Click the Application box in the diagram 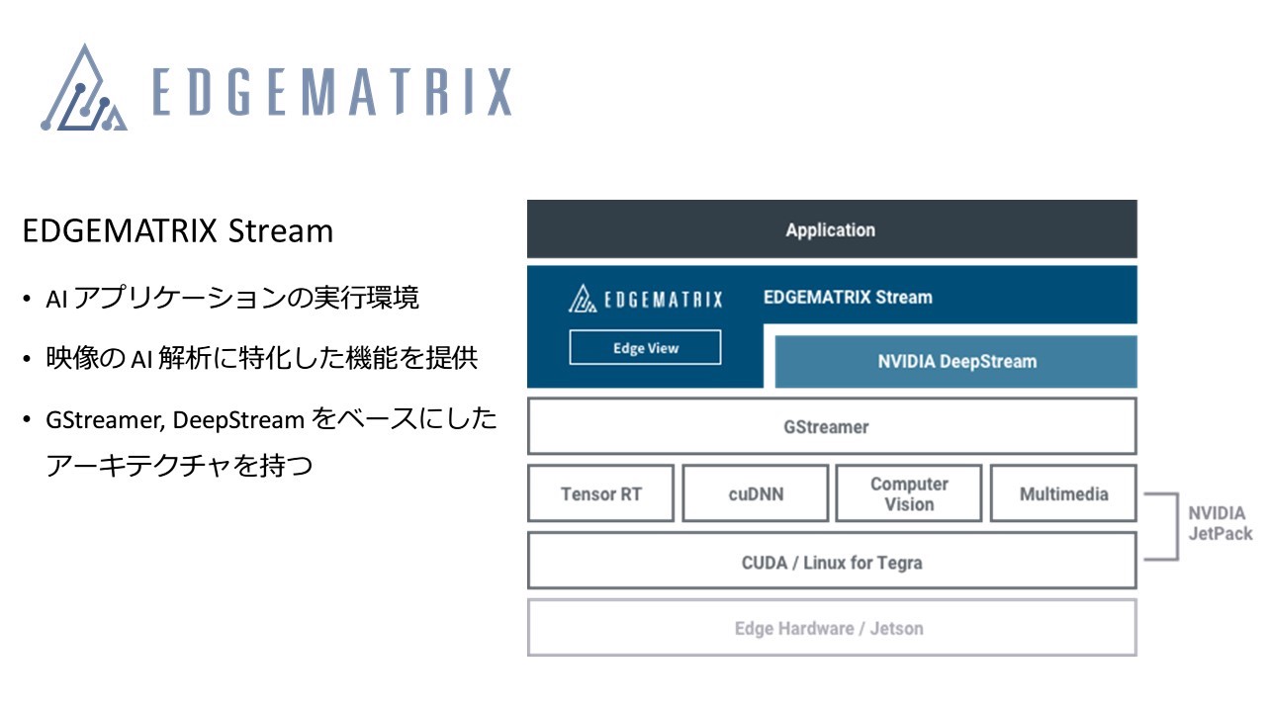pyautogui.click(x=832, y=228)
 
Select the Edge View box pyautogui.click(x=645, y=347)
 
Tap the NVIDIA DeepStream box pyautogui.click(x=955, y=362)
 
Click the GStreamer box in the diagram pyautogui.click(x=832, y=426)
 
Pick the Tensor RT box pyautogui.click(x=600, y=493)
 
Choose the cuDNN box pyautogui.click(x=756, y=493)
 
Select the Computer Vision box pyautogui.click(x=909, y=493)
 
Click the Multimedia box pyautogui.click(x=1063, y=493)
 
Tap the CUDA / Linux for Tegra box pyautogui.click(x=832, y=561)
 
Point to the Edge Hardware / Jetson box pyautogui.click(x=832, y=628)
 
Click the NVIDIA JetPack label pyautogui.click(x=1221, y=523)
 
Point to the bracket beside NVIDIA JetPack pyautogui.click(x=1177, y=527)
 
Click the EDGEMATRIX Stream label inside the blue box pyautogui.click(x=848, y=298)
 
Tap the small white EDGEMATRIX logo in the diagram pyautogui.click(x=645, y=299)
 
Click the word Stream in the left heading pyautogui.click(x=280, y=231)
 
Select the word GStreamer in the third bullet pyautogui.click(x=106, y=420)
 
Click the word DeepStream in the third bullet pyautogui.click(x=238, y=420)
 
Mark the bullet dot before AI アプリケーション pyautogui.click(x=27, y=298)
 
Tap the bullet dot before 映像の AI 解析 pyautogui.click(x=27, y=358)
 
